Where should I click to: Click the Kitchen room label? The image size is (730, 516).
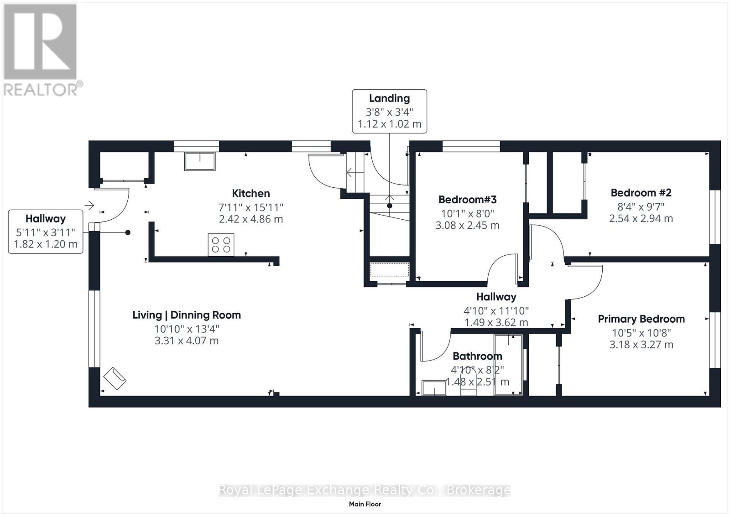250,193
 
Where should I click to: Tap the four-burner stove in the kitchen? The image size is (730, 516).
221,245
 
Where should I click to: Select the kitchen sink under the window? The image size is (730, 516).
200,161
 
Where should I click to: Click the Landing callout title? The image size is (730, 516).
389,98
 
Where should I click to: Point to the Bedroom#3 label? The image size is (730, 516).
467,199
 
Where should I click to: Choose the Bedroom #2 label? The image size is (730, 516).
641,193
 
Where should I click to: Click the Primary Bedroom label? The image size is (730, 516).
641,319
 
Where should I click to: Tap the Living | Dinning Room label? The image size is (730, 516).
187,315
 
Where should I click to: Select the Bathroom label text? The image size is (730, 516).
477,356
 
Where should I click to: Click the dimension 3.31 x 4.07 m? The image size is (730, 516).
187,341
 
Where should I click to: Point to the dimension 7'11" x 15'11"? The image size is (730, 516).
250,207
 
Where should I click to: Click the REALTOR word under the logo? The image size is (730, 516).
41,89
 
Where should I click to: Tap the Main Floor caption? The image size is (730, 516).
365,504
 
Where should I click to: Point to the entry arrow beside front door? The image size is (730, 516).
89,206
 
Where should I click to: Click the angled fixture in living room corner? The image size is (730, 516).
115,378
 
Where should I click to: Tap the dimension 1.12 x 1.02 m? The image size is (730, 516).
390,124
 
